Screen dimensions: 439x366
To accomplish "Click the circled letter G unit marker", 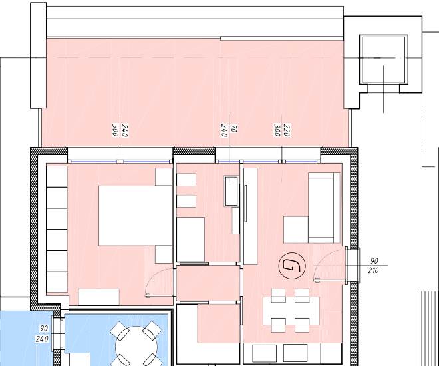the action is pyautogui.click(x=292, y=266).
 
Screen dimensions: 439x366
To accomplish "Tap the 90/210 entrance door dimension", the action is pyautogui.click(x=374, y=266).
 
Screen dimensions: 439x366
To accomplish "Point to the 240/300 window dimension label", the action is pyautogui.click(x=120, y=130).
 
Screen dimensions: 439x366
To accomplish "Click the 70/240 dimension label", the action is pyautogui.click(x=229, y=131).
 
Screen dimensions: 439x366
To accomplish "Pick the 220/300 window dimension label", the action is pyautogui.click(x=281, y=130).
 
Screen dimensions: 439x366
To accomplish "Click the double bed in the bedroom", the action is pyautogui.click(x=136, y=216).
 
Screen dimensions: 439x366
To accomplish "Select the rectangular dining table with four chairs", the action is pyautogui.click(x=291, y=311).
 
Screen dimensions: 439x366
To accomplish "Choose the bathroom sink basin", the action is pyautogui.click(x=231, y=191).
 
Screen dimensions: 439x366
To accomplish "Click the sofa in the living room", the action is pyautogui.click(x=324, y=208).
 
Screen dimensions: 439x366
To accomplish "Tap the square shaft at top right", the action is pyautogui.click(x=383, y=59).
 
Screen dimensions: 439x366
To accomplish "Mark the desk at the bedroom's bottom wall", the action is pyautogui.click(x=99, y=297).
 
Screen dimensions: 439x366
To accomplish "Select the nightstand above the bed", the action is pyautogui.click(x=164, y=177).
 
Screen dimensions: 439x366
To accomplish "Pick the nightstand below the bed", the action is pyautogui.click(x=164, y=255).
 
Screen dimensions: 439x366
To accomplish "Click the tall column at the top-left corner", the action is pyautogui.click(x=39, y=55).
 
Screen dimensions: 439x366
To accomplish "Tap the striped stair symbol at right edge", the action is pyautogui.click(x=430, y=328).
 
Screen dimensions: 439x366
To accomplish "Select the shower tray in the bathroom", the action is pyautogui.click(x=190, y=240).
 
